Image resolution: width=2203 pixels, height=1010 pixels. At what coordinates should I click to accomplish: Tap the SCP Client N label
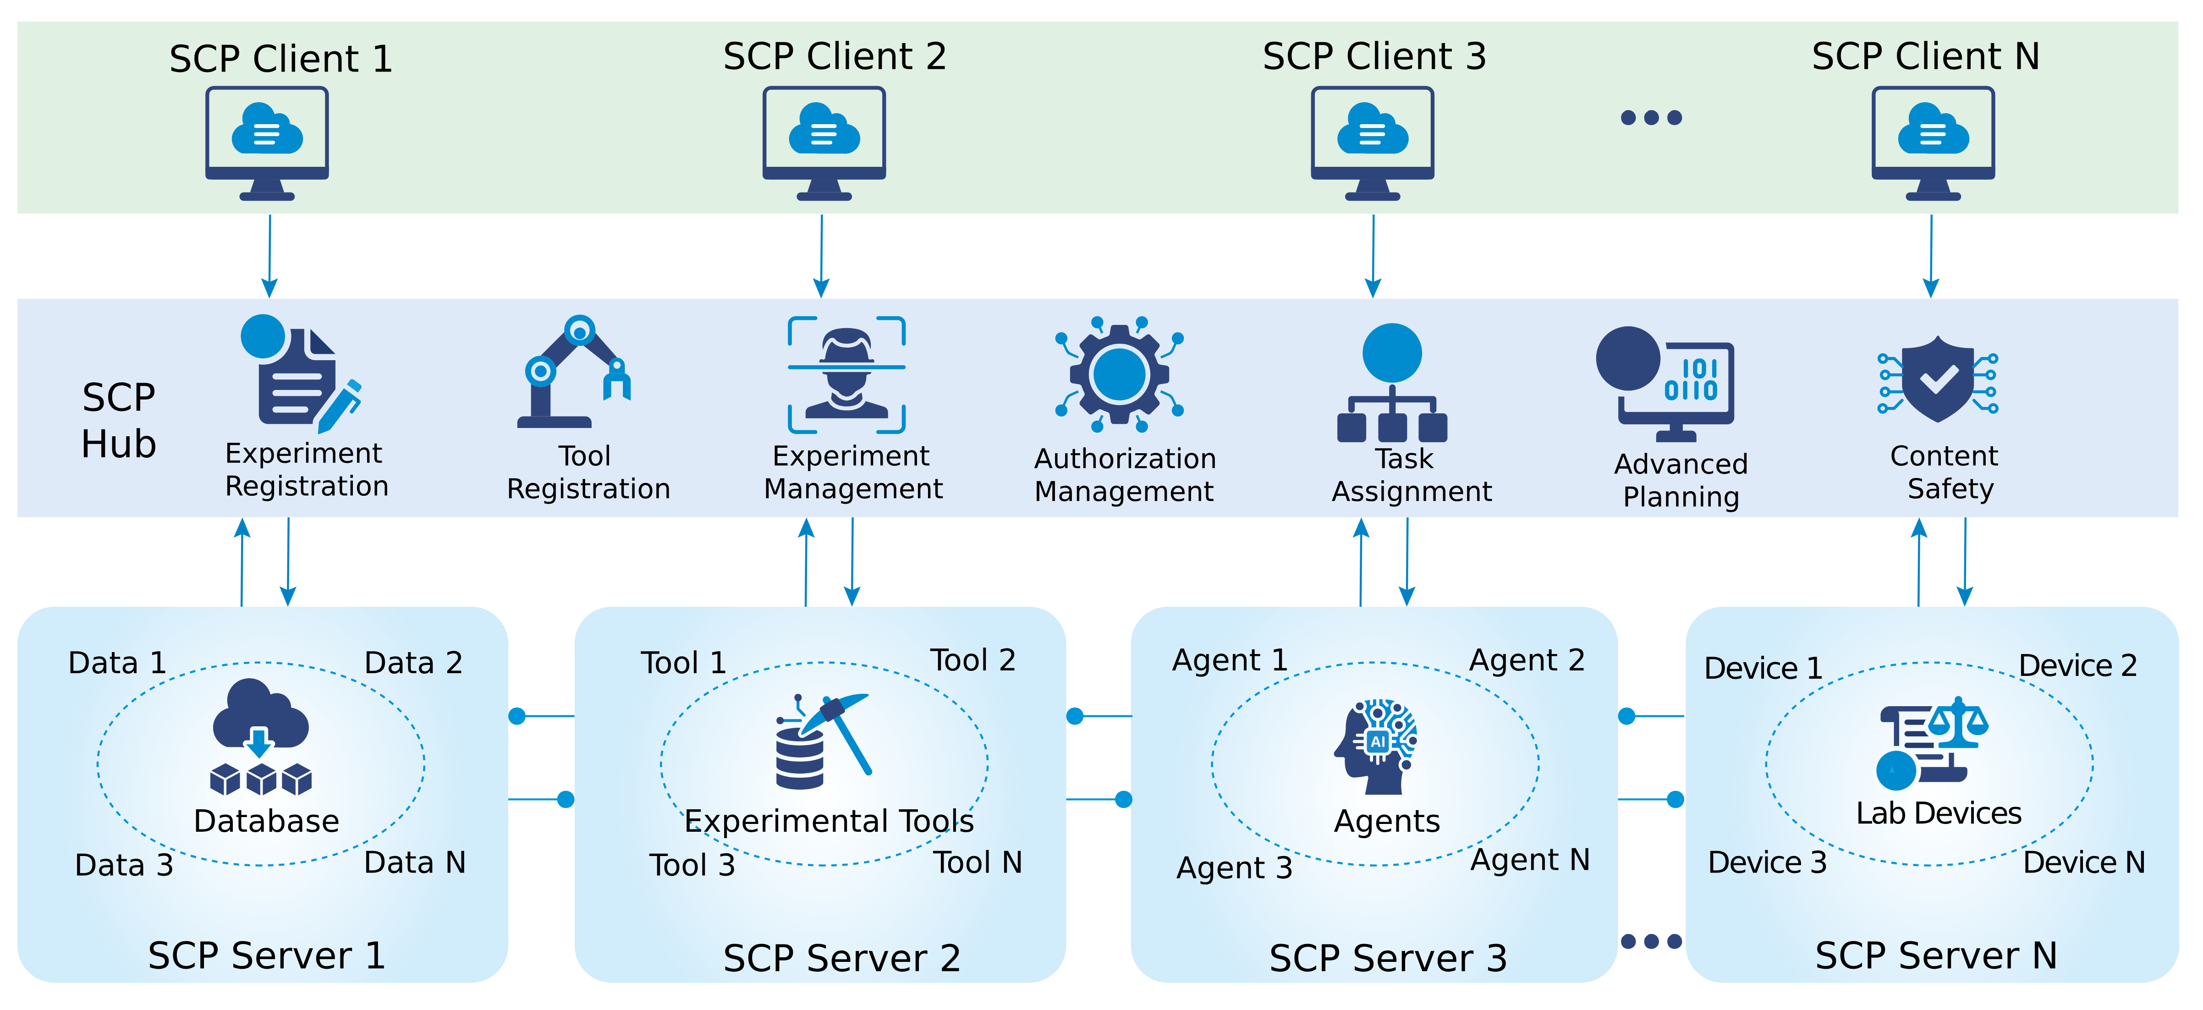tap(1925, 56)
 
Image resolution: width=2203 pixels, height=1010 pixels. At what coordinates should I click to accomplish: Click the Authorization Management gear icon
tap(1119, 374)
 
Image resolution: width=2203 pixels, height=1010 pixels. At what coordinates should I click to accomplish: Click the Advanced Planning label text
tap(1681, 480)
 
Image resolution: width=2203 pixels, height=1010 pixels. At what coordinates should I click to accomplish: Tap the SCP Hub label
tap(118, 421)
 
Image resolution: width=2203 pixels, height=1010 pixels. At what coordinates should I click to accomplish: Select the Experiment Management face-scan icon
tap(846, 374)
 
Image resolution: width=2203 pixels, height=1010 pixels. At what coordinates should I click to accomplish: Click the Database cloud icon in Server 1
tap(261, 736)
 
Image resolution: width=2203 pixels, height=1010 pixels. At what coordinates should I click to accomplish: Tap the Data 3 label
tap(124, 865)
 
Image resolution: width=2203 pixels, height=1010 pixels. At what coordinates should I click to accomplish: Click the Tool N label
tap(978, 862)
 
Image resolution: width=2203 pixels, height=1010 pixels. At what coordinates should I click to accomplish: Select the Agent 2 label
tap(1527, 660)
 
